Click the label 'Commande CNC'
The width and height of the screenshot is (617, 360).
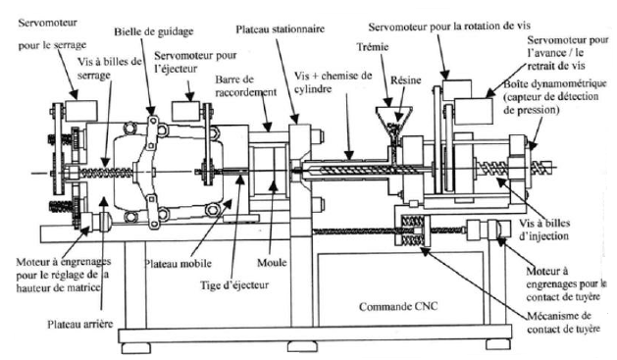(398, 306)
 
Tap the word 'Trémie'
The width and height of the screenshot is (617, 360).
(372, 47)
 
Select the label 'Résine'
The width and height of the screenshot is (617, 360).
(406, 80)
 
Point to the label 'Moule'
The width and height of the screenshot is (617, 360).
(272, 263)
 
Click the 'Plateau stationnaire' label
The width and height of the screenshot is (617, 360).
(281, 29)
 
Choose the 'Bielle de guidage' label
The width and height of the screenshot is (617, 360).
(154, 31)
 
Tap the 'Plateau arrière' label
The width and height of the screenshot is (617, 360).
(80, 325)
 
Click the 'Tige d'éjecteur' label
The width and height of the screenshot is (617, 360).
(234, 284)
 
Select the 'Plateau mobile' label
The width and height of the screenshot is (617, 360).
(178, 263)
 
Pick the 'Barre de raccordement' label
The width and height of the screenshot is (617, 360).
(246, 85)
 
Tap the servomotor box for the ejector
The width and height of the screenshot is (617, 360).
(185, 111)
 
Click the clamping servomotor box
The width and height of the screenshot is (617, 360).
(81, 111)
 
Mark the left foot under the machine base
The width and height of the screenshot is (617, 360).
(135, 348)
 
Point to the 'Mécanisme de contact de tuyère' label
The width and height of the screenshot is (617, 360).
(563, 322)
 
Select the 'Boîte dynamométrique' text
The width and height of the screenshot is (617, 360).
(555, 83)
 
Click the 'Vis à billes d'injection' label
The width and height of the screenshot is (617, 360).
(543, 230)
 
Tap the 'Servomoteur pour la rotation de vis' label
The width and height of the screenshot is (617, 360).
(449, 26)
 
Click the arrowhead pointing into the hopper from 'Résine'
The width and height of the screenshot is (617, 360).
(398, 118)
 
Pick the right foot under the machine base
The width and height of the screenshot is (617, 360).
(498, 344)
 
